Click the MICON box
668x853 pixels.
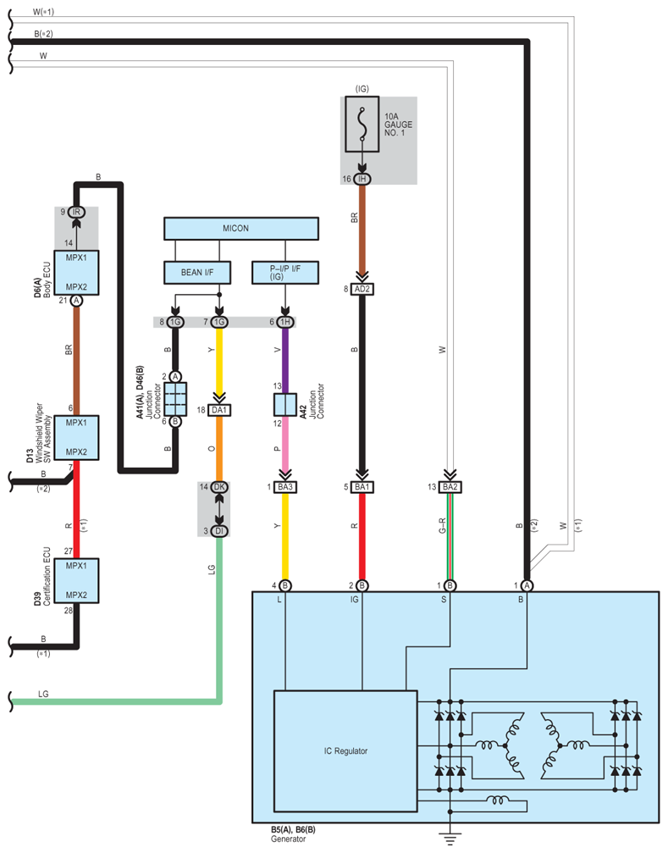point(241,229)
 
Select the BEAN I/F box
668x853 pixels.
point(197,273)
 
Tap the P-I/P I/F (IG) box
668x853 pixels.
point(285,273)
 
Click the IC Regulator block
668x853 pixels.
point(345,751)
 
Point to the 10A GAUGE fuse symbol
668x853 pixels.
point(362,125)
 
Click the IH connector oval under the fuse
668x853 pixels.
point(362,179)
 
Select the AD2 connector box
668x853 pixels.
point(362,290)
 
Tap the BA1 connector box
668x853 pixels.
point(362,487)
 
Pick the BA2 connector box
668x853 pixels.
point(450,487)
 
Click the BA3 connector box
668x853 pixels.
point(285,487)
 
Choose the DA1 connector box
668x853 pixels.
point(219,410)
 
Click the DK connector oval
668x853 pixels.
point(219,487)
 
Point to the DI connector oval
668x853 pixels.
point(219,531)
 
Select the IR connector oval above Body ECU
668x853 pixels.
point(77,212)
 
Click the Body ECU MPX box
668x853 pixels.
point(77,273)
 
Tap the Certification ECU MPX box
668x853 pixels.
point(77,580)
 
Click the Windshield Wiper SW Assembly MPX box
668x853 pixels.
point(77,437)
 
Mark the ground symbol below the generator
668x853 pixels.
point(450,839)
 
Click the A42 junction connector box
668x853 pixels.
point(285,404)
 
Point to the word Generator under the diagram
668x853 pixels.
point(289,839)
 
